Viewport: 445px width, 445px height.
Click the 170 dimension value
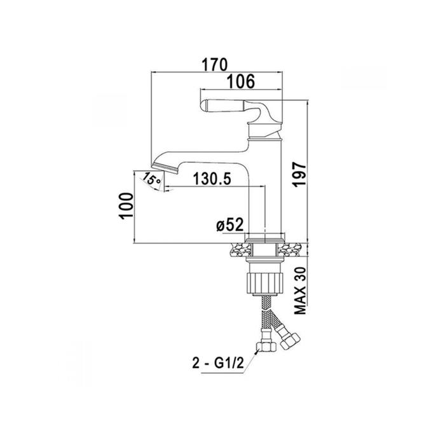click(215, 64)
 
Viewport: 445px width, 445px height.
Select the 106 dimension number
click(241, 81)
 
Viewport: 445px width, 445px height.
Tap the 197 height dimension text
click(300, 174)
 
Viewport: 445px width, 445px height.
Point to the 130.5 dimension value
click(212, 179)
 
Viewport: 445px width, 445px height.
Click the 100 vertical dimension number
click(126, 206)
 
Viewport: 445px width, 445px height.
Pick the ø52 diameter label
click(230, 225)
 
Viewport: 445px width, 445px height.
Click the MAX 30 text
click(300, 291)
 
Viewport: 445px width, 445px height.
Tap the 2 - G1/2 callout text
click(218, 363)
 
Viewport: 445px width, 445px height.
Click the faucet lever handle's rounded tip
click(204, 105)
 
